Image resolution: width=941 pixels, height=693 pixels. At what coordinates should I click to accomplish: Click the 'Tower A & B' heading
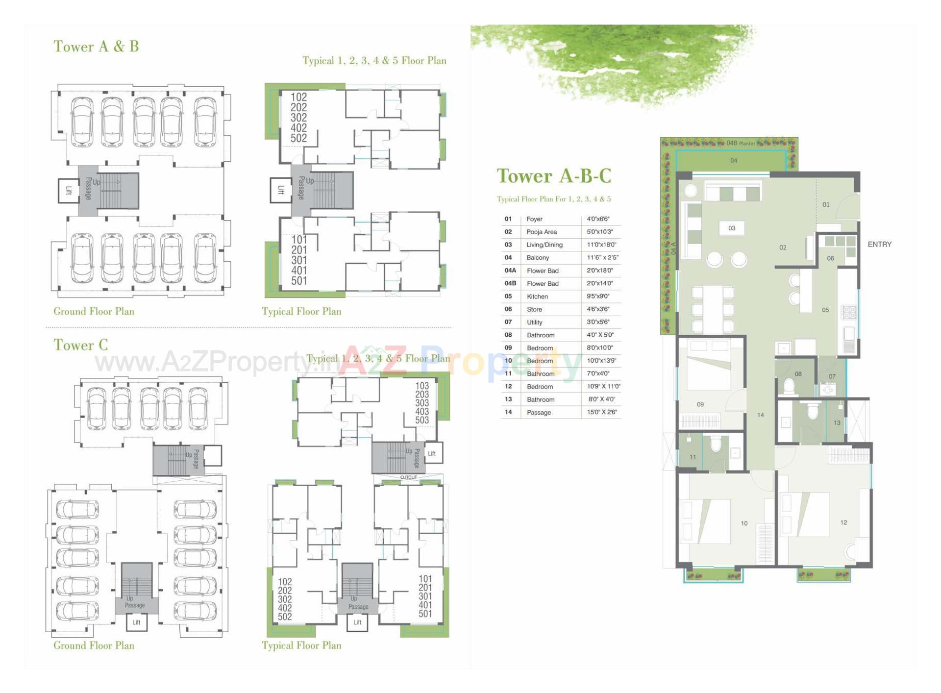click(96, 47)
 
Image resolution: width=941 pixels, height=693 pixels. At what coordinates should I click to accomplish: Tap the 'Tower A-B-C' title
click(554, 176)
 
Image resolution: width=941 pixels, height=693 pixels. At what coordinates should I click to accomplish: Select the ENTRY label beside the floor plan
click(879, 244)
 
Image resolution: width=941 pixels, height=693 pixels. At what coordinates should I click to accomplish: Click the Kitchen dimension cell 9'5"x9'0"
click(598, 297)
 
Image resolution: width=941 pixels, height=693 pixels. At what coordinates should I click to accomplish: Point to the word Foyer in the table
click(534, 219)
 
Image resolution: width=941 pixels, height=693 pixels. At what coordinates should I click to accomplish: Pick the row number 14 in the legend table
click(508, 412)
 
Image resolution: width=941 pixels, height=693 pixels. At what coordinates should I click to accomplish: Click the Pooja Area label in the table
click(542, 232)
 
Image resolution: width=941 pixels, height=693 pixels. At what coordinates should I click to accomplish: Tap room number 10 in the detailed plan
click(744, 523)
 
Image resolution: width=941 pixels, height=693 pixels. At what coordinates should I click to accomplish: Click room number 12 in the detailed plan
click(843, 522)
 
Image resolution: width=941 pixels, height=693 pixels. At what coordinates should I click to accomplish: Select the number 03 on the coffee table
click(732, 228)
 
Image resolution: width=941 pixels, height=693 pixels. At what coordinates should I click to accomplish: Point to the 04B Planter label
click(741, 143)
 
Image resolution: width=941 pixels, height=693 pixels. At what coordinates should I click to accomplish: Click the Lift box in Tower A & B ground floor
click(69, 191)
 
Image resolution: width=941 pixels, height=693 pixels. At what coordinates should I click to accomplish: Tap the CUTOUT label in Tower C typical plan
click(408, 477)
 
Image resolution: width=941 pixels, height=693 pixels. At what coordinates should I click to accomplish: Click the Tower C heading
click(81, 345)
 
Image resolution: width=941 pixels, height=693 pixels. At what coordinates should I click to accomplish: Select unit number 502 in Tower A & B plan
click(298, 138)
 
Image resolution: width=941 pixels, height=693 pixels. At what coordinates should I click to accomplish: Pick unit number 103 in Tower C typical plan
click(422, 386)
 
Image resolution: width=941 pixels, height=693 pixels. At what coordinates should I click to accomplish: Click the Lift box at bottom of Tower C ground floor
click(136, 622)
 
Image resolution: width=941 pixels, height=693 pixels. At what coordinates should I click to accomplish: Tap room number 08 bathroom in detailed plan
click(798, 374)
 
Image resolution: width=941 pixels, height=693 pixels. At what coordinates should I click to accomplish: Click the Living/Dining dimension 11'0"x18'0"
click(601, 245)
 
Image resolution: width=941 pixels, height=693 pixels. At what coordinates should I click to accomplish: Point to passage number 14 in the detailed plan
click(760, 415)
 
